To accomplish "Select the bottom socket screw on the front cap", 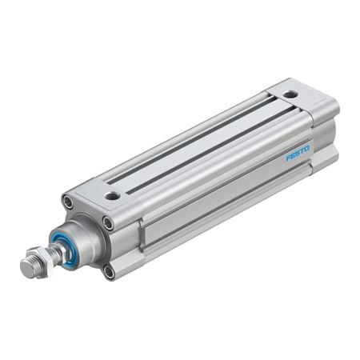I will click(x=108, y=271).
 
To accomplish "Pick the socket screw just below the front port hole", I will click(x=107, y=223).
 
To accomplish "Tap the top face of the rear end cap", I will click(x=296, y=98).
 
